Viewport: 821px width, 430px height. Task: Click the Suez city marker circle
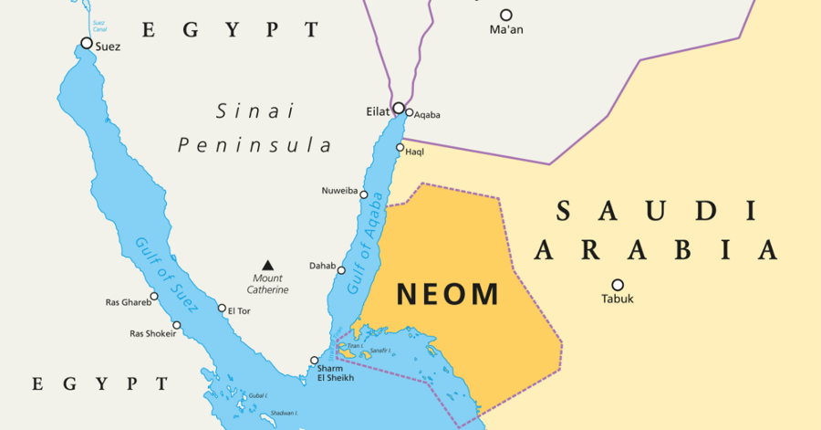click(x=87, y=43)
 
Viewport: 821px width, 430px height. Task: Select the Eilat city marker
click(x=399, y=108)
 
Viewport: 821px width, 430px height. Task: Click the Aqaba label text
click(x=427, y=115)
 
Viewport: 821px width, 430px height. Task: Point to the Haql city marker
click(x=400, y=148)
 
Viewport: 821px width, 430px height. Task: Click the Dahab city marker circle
click(x=342, y=269)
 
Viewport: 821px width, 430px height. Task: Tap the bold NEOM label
click(x=447, y=294)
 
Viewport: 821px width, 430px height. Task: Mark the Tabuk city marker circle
click(x=618, y=285)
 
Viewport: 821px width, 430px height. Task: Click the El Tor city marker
click(x=222, y=309)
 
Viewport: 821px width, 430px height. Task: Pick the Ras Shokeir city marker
click(x=177, y=325)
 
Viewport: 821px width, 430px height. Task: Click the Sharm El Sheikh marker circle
click(x=315, y=360)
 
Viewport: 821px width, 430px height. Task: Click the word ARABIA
click(x=656, y=249)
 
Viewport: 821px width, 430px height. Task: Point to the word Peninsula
click(x=255, y=145)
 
